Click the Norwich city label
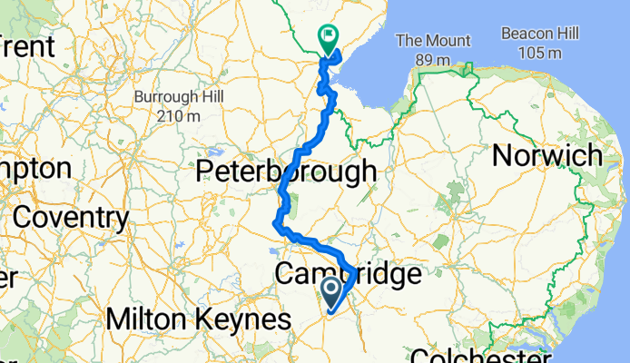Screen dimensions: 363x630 546,155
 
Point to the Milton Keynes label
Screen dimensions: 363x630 199,319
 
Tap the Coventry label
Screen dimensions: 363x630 71,218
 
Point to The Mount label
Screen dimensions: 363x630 434,41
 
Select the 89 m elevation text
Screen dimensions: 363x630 434,60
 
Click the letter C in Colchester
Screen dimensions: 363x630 419,354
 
